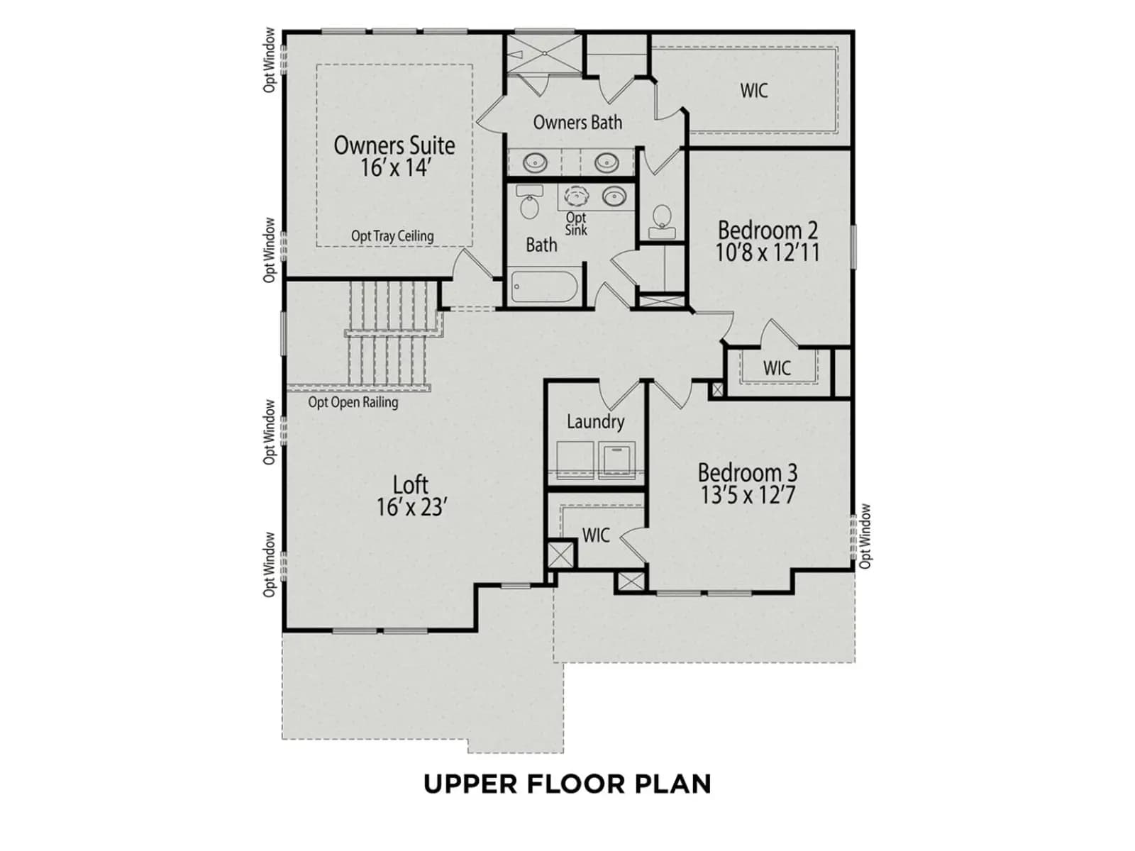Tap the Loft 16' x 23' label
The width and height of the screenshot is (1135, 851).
(411, 496)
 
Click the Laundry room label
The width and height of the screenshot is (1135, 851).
(596, 421)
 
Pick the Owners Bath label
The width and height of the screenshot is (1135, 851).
(577, 123)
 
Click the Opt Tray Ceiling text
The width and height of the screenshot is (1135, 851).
(392, 236)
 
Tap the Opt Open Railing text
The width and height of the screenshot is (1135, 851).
(353, 402)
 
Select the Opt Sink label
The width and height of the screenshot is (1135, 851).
(576, 223)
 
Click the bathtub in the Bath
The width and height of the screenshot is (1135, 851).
(544, 287)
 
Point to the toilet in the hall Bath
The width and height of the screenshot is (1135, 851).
(529, 201)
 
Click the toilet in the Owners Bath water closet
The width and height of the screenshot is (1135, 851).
(662, 222)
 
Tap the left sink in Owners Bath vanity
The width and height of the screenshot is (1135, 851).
(535, 163)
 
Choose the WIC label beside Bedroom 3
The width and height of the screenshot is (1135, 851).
(596, 535)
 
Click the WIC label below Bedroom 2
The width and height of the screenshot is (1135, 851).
(777, 368)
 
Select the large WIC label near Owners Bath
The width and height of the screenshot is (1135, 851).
(754, 91)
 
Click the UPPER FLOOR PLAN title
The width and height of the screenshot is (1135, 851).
(567, 784)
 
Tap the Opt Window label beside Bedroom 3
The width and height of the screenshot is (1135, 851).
(865, 536)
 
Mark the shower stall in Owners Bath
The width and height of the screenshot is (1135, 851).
(544, 54)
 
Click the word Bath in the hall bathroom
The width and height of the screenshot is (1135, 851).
(541, 245)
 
